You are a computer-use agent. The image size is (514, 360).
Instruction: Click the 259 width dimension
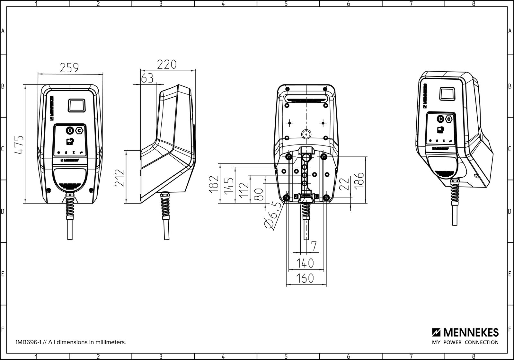[70, 68]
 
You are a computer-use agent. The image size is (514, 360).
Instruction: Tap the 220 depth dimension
[167, 65]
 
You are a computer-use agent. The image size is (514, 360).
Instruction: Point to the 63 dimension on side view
[147, 78]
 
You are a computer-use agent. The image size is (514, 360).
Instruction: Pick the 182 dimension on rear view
[214, 184]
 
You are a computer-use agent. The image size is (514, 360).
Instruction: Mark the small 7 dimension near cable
[314, 246]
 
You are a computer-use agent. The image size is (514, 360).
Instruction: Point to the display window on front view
[77, 106]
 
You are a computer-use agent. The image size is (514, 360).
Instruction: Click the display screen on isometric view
[447, 94]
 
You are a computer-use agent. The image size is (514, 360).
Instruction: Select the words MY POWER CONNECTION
[465, 342]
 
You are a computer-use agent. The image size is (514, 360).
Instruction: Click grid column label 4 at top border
[223, 4]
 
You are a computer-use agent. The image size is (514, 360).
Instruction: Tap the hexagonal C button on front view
[79, 130]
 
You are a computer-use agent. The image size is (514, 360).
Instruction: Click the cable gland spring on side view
[166, 206]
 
